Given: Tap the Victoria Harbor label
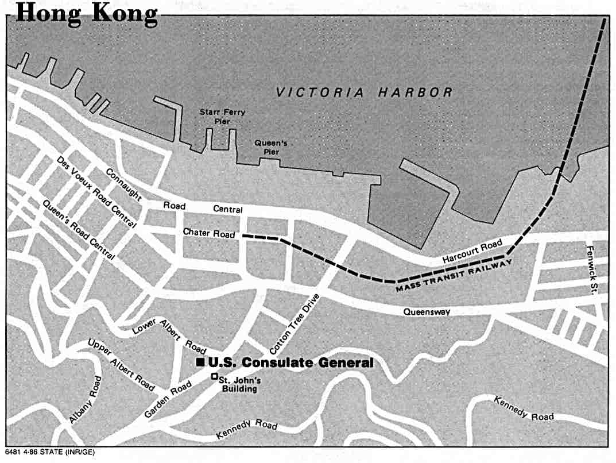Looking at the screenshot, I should [x=364, y=92].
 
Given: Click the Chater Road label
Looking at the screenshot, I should [x=209, y=233].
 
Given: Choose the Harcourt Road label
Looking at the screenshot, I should [x=472, y=252].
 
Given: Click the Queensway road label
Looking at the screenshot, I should [x=426, y=312].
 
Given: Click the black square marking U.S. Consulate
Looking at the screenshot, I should [x=200, y=362].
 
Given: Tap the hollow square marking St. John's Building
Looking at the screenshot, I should [x=214, y=377].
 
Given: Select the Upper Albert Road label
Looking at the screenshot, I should [x=121, y=366].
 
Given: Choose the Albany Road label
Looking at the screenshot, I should [x=86, y=400].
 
